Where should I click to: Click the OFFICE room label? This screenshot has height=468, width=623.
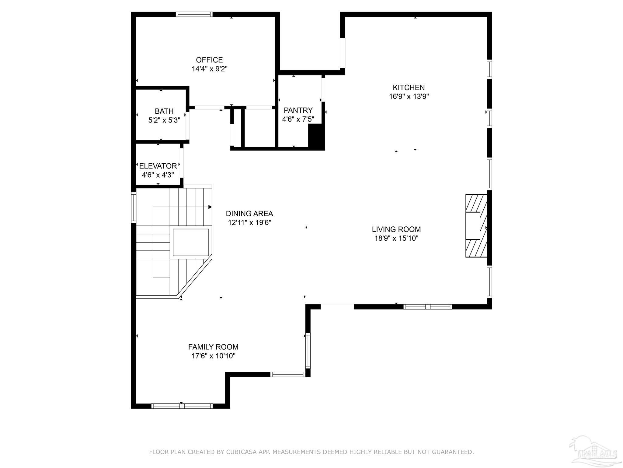pos(209,60)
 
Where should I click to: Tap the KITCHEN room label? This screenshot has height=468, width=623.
pos(409,88)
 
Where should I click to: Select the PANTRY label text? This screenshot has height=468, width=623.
pos(298,110)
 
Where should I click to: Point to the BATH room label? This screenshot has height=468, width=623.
pos(164,111)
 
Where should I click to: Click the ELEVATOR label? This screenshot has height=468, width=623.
pos(158,166)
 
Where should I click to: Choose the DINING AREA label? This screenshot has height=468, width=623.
pos(249,214)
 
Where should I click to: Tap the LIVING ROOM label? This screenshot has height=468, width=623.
pos(396,229)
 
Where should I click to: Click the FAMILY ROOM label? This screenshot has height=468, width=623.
pos(213,347)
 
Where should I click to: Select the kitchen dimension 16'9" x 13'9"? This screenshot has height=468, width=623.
pos(409,97)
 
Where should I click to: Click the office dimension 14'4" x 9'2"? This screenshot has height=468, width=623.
pos(210,69)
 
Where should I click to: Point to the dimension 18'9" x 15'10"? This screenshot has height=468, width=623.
pos(396,238)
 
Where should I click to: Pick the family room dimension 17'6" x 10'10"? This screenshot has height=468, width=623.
pos(213,356)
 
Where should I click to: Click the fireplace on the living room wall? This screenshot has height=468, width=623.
pos(476,226)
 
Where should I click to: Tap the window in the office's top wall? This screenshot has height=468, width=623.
pos(194,14)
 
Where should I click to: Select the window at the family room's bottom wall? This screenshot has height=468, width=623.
pos(182,406)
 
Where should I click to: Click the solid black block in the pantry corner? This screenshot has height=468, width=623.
pos(317,137)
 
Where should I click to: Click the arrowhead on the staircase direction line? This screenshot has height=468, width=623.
pos(210,207)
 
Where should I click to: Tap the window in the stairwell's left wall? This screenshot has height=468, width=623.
pos(134,207)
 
